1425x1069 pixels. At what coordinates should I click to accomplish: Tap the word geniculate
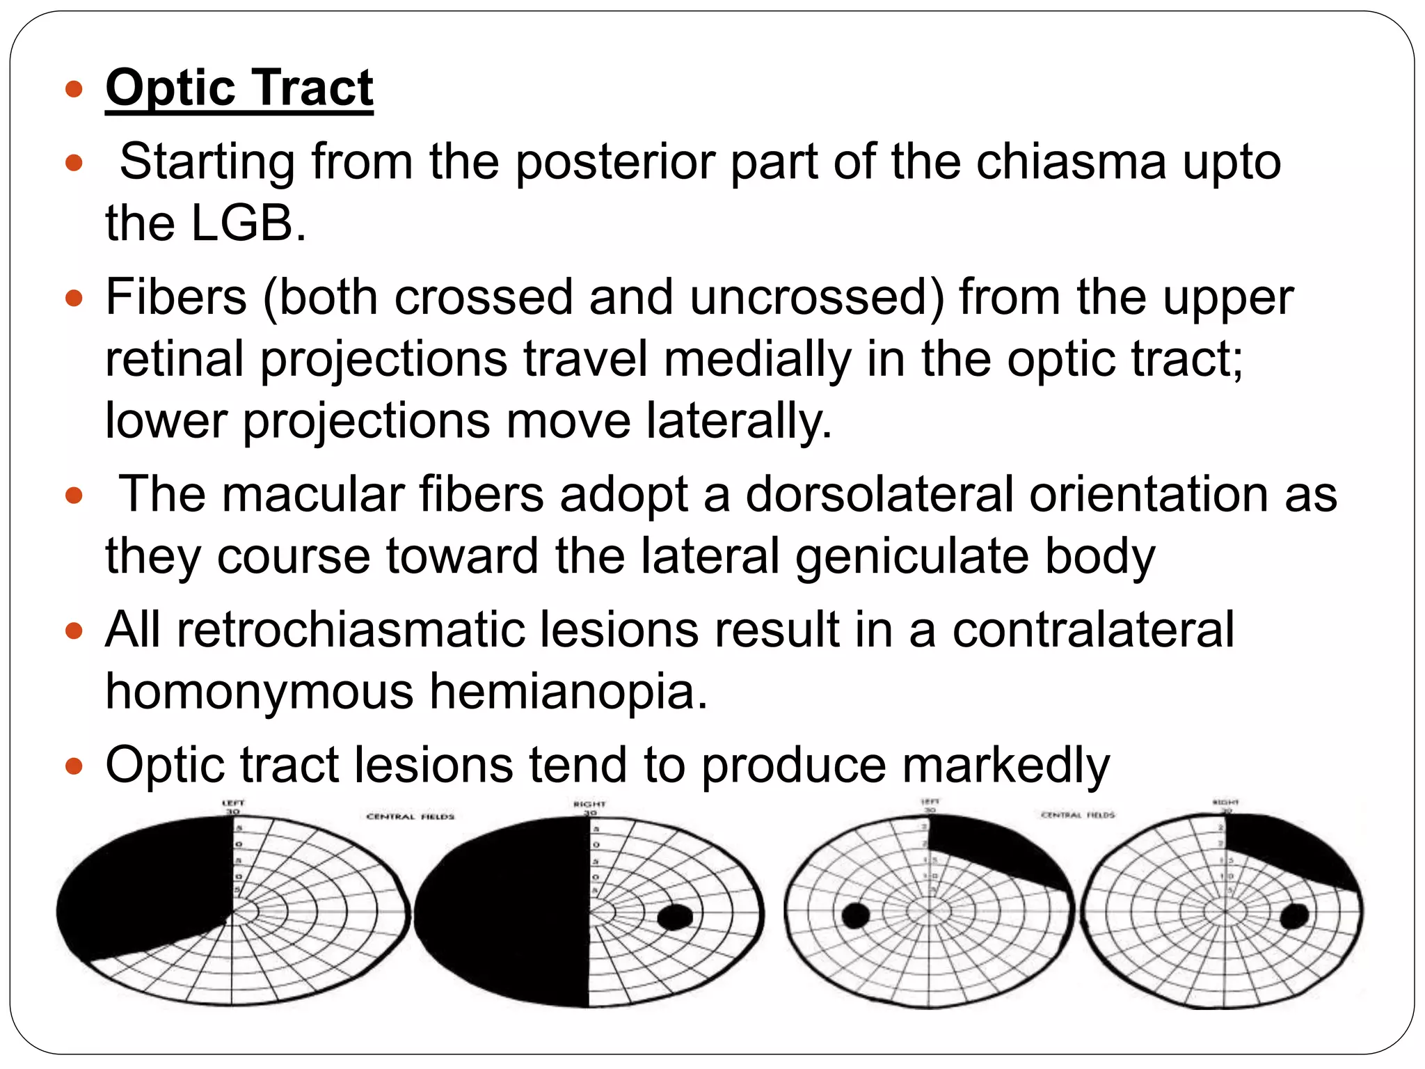coord(912,557)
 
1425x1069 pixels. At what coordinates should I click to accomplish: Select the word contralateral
coord(1092,630)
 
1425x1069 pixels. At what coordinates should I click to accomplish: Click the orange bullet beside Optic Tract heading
coord(74,89)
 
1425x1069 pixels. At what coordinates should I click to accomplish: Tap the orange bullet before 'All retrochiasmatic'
coord(74,631)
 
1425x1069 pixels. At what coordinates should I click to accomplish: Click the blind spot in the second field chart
coord(674,917)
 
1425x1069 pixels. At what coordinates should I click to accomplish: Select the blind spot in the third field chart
coord(855,915)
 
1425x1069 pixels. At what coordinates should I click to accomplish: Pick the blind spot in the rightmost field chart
coord(1294,917)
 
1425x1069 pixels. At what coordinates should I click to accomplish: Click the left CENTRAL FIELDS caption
coord(410,816)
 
